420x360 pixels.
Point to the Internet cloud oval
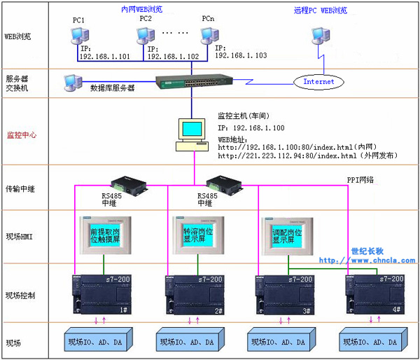click(x=323, y=82)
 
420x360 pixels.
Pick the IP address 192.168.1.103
click(x=241, y=55)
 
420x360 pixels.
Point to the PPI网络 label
click(x=361, y=180)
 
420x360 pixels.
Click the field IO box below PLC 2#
click(x=192, y=342)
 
